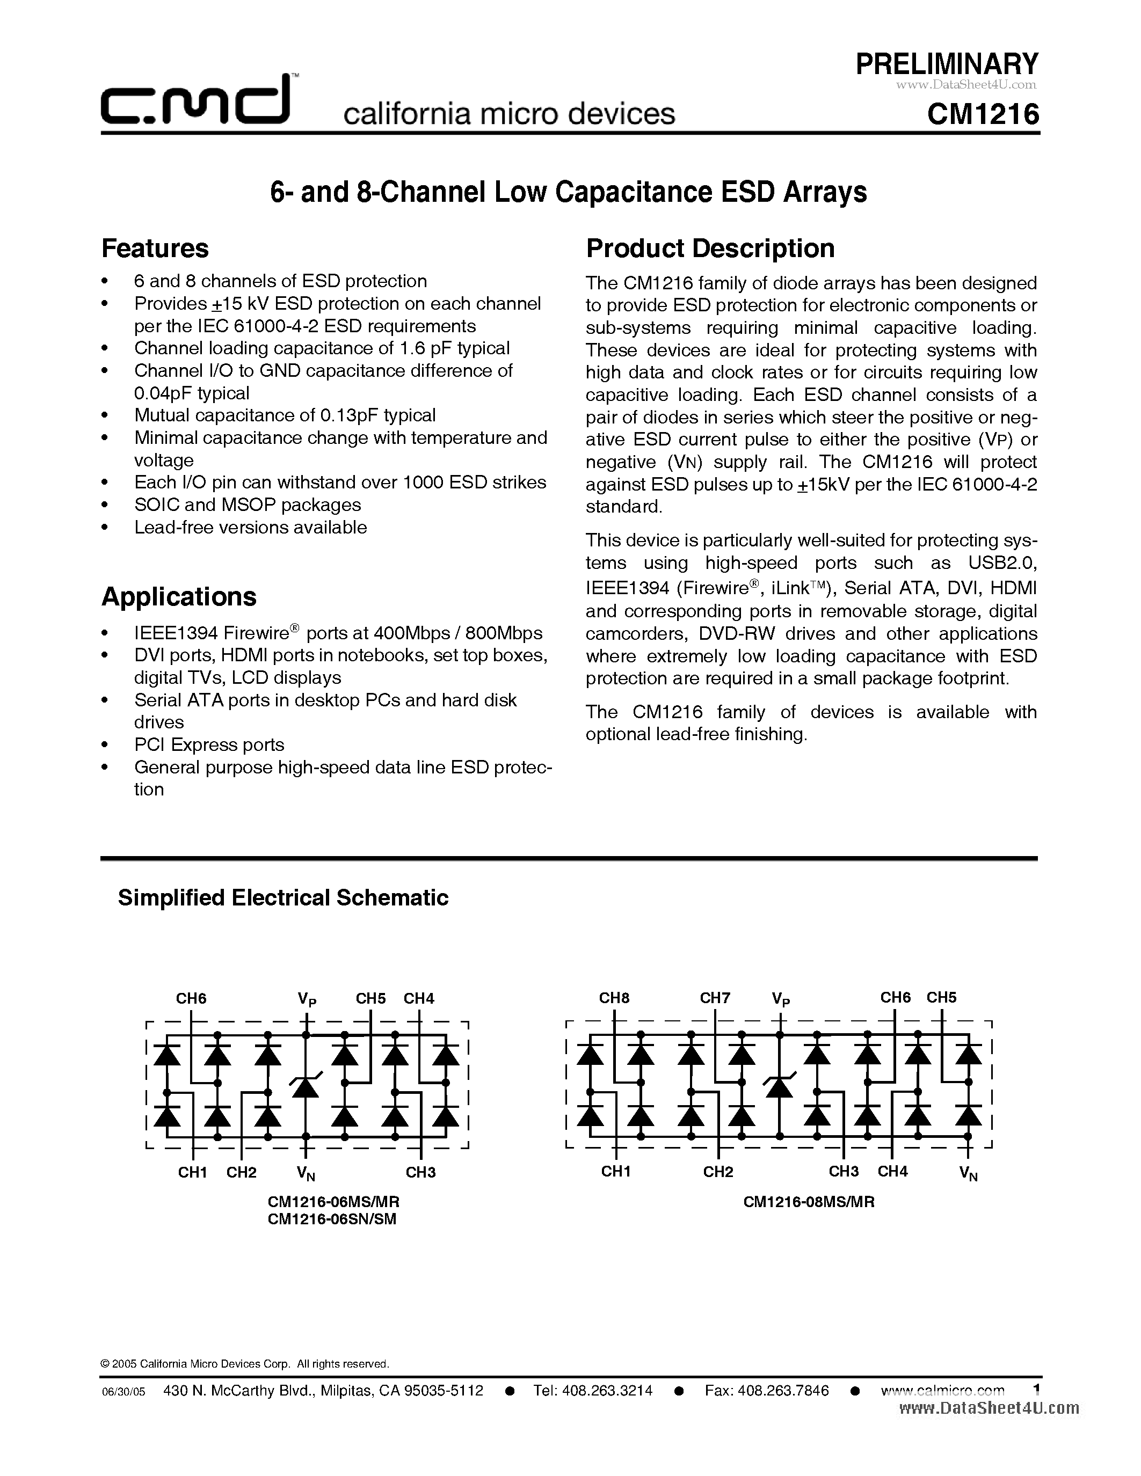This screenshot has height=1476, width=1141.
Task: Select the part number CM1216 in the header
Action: (x=983, y=114)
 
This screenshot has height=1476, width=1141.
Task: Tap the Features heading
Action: (x=155, y=249)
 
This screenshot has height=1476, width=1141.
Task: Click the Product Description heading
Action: (x=710, y=249)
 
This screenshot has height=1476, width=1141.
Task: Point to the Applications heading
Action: (x=178, y=597)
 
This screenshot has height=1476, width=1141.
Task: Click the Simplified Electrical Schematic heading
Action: (x=282, y=897)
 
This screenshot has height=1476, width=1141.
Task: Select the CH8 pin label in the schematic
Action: (x=614, y=998)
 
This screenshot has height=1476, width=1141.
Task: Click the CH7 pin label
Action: (x=715, y=998)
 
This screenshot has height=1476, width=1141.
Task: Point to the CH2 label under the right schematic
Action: (x=717, y=1172)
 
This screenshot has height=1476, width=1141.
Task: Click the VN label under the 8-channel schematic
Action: (x=968, y=1174)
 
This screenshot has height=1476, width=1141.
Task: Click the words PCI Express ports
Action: (x=209, y=745)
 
